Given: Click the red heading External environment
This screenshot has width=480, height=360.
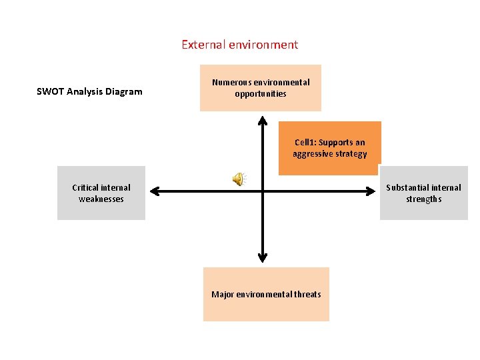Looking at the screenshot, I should [239, 45].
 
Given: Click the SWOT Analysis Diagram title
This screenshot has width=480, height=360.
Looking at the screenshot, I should [89, 91].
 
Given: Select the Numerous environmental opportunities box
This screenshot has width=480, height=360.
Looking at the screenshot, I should [261, 88].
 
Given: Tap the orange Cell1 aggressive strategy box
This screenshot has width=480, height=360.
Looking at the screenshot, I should [329, 148].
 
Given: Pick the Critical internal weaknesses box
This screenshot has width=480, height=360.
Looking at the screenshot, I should [101, 193].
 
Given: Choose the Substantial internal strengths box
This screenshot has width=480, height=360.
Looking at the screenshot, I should [423, 193].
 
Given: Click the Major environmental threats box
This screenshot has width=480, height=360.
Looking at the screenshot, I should [266, 294].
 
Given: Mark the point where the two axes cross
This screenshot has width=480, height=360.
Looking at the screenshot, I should [263, 192].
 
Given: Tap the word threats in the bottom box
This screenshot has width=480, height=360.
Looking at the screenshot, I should [307, 294].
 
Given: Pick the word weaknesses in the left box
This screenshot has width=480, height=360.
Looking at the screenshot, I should [101, 199].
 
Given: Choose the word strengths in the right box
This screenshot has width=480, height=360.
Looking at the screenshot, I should [424, 199].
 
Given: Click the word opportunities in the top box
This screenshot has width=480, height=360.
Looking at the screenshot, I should [261, 94].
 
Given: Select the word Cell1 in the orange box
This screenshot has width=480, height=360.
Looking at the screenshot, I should [305, 142].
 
